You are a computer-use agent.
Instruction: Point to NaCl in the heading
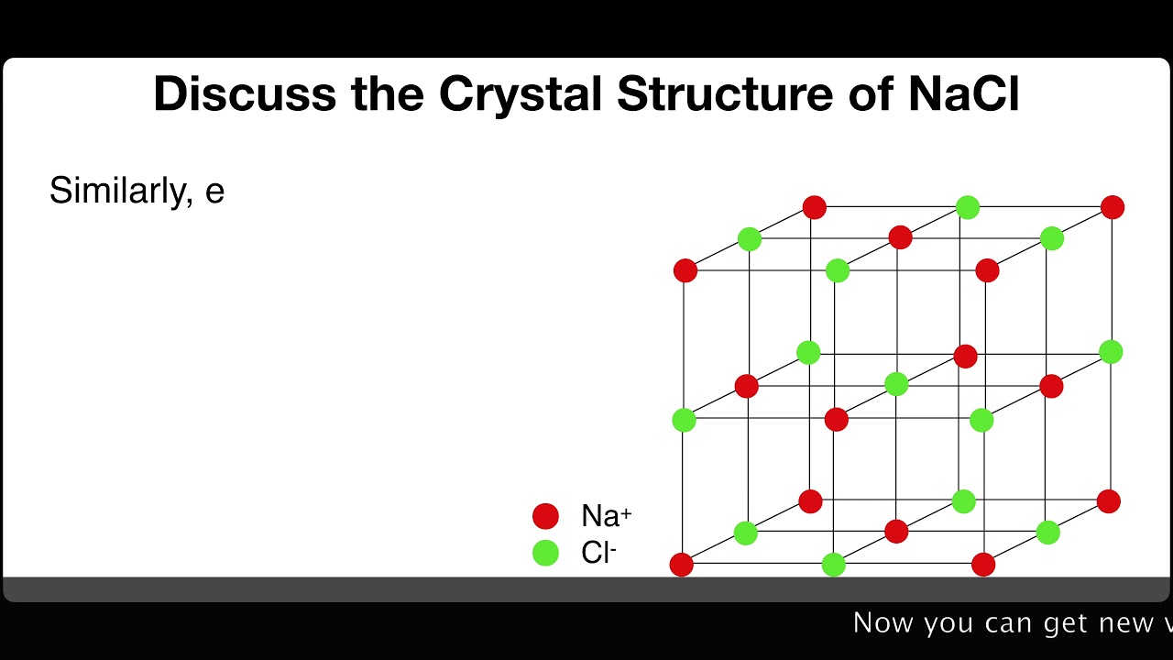[963, 93]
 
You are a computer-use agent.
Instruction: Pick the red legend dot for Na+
[545, 516]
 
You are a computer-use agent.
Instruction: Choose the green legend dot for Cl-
[545, 553]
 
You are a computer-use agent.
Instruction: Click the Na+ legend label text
[606, 516]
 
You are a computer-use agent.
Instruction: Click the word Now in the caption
[883, 623]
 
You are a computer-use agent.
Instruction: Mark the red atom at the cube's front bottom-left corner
[681, 565]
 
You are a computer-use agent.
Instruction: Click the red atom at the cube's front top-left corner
[685, 270]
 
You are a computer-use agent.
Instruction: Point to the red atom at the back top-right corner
[1113, 207]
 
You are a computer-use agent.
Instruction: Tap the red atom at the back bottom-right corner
[1109, 501]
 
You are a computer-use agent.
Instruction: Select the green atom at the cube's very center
[896, 385]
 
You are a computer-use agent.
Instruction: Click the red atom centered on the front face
[836, 419]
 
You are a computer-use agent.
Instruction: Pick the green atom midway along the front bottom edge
[833, 565]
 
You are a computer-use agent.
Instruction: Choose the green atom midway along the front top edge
[837, 270]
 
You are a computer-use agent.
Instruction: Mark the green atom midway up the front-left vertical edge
[684, 420]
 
